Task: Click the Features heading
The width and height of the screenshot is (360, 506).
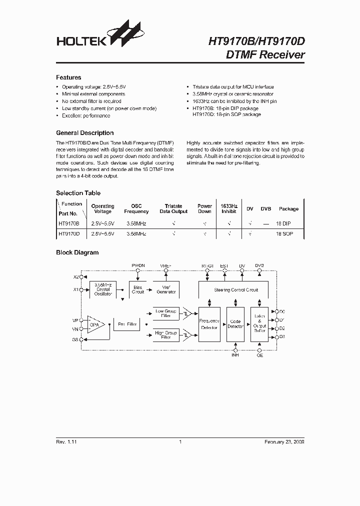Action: pyautogui.click(x=68, y=77)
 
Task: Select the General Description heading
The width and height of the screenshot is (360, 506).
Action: pyautogui.click(x=84, y=133)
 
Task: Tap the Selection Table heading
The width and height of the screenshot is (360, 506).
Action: pyautogui.click(x=78, y=193)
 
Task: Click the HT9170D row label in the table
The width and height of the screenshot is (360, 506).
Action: pyautogui.click(x=68, y=233)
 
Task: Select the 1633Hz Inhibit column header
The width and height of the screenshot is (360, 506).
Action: pyautogui.click(x=228, y=208)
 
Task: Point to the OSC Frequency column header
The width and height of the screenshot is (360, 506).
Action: pyautogui.click(x=136, y=208)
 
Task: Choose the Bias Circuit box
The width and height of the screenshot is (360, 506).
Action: pyautogui.click(x=138, y=290)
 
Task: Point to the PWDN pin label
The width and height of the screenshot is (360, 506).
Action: pyautogui.click(x=138, y=265)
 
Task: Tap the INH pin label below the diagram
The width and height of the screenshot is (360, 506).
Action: pyautogui.click(x=234, y=355)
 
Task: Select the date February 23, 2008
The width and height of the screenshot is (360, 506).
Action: pyautogui.click(x=284, y=442)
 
